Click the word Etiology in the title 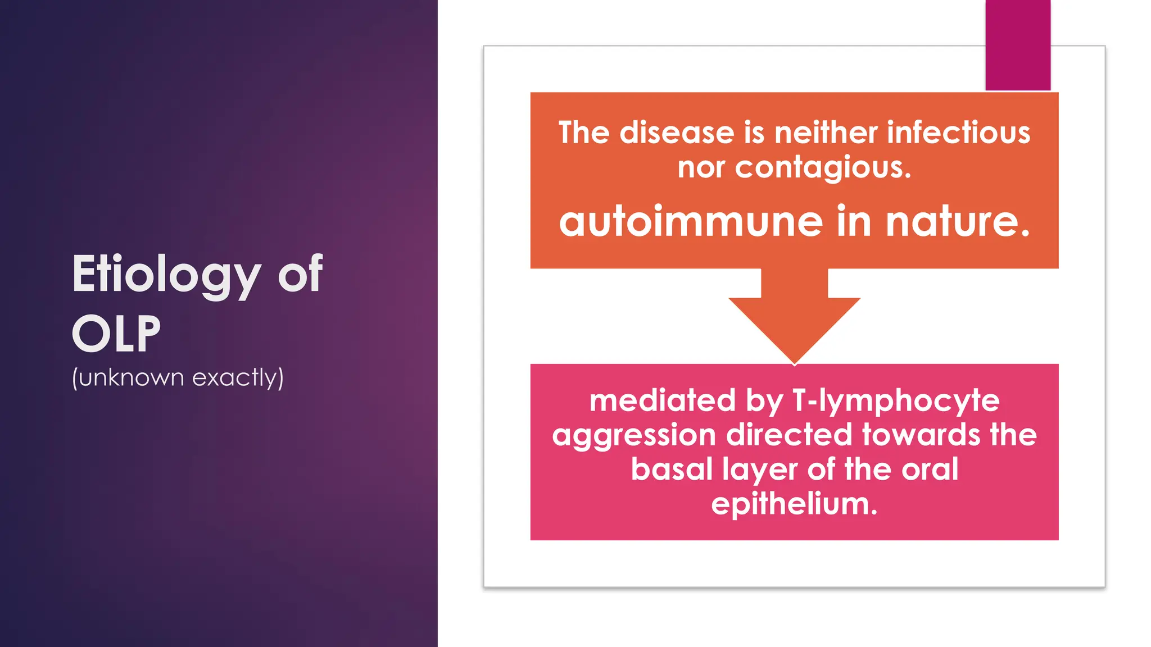click(166, 275)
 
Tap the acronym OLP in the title click(116, 334)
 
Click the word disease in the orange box click(677, 133)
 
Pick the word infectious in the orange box click(958, 133)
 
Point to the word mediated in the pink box click(662, 400)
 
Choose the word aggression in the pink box click(634, 436)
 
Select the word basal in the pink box click(672, 469)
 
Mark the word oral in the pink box click(930, 469)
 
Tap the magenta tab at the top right click(1017, 45)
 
